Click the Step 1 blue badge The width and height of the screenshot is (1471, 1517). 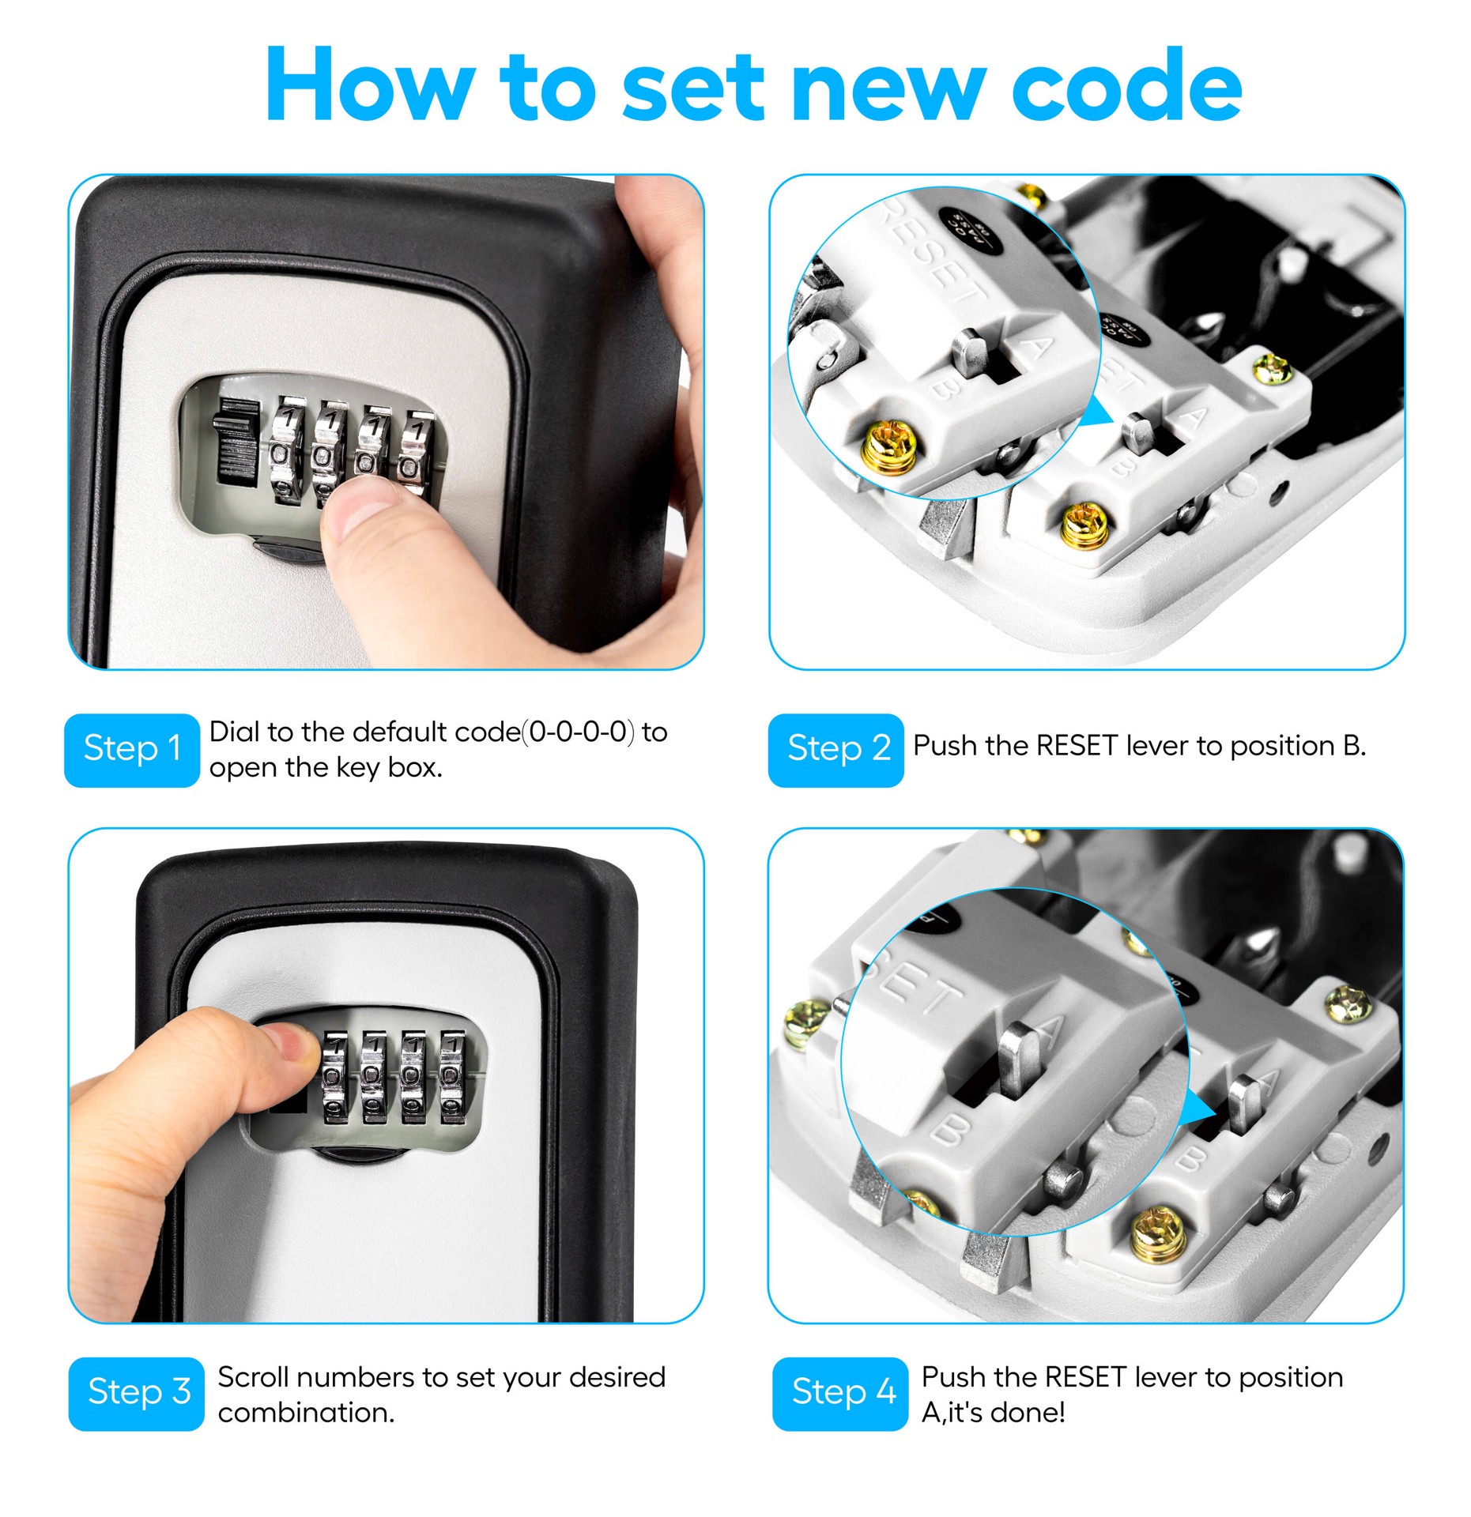point(131,749)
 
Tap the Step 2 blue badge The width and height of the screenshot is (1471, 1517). point(836,749)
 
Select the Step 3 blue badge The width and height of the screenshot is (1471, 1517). point(136,1394)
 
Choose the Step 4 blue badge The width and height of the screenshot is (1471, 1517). point(841,1394)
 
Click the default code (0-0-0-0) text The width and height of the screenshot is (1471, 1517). point(581,732)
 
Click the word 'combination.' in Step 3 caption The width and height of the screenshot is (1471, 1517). point(306,1413)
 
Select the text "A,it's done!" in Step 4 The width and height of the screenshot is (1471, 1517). point(993,1413)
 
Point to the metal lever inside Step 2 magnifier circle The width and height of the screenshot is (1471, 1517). point(971,348)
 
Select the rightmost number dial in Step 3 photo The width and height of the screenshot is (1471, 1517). point(453,1076)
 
